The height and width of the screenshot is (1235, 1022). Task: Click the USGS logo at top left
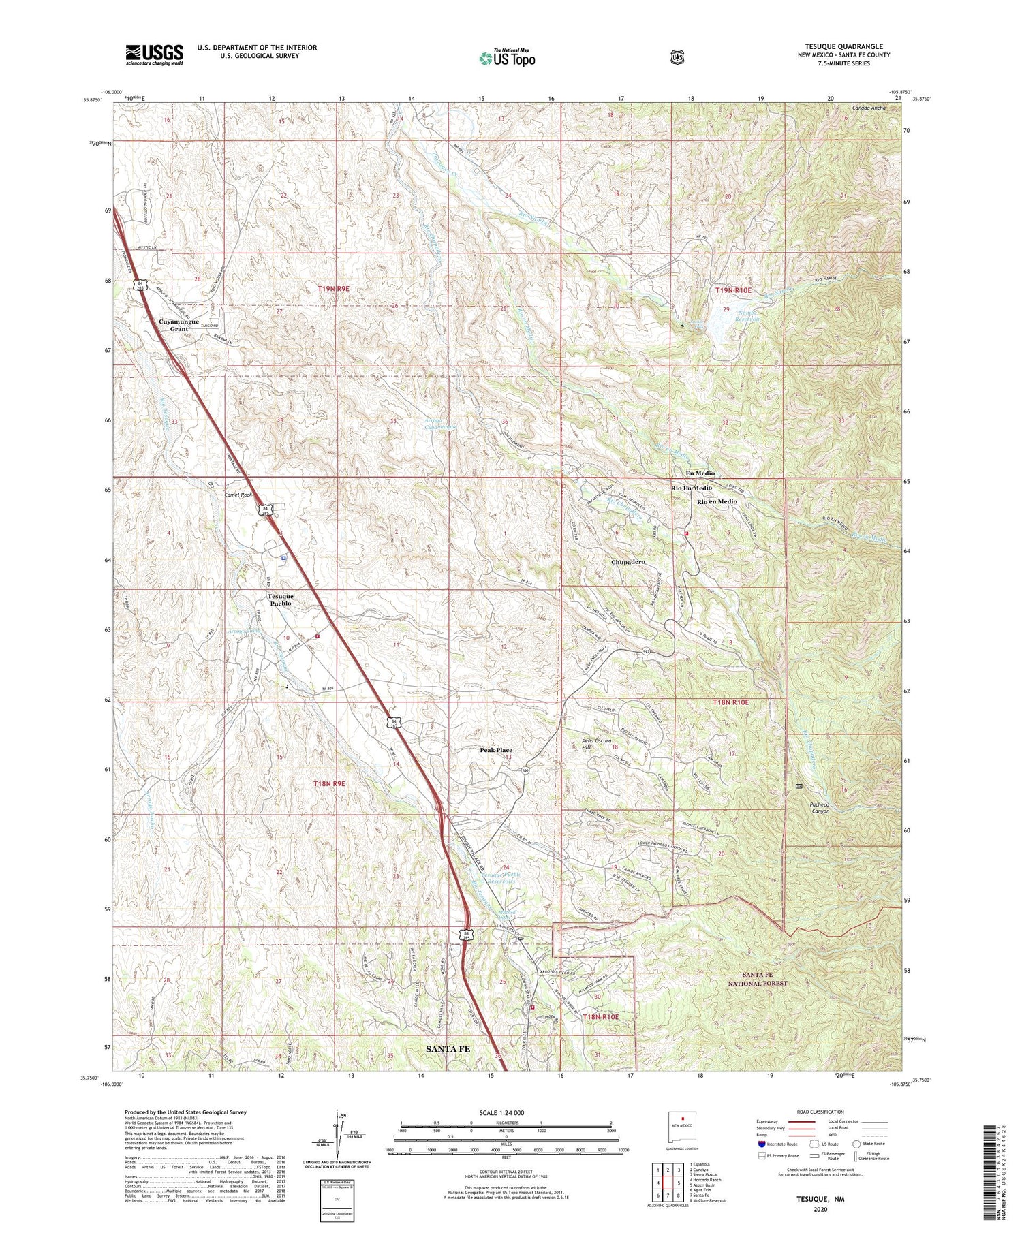pyautogui.click(x=154, y=54)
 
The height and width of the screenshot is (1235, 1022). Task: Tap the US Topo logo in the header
pyautogui.click(x=507, y=58)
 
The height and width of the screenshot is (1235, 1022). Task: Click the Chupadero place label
pyautogui.click(x=628, y=562)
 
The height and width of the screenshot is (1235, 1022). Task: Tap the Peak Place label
pyautogui.click(x=495, y=750)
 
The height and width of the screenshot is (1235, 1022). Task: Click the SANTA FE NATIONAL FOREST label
pyautogui.click(x=756, y=979)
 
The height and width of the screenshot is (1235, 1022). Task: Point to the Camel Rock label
pyautogui.click(x=240, y=496)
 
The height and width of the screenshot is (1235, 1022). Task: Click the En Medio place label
pyautogui.click(x=700, y=473)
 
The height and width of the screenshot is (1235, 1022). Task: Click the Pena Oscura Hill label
pyautogui.click(x=579, y=743)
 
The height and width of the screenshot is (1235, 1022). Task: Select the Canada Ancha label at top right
pyautogui.click(x=869, y=108)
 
